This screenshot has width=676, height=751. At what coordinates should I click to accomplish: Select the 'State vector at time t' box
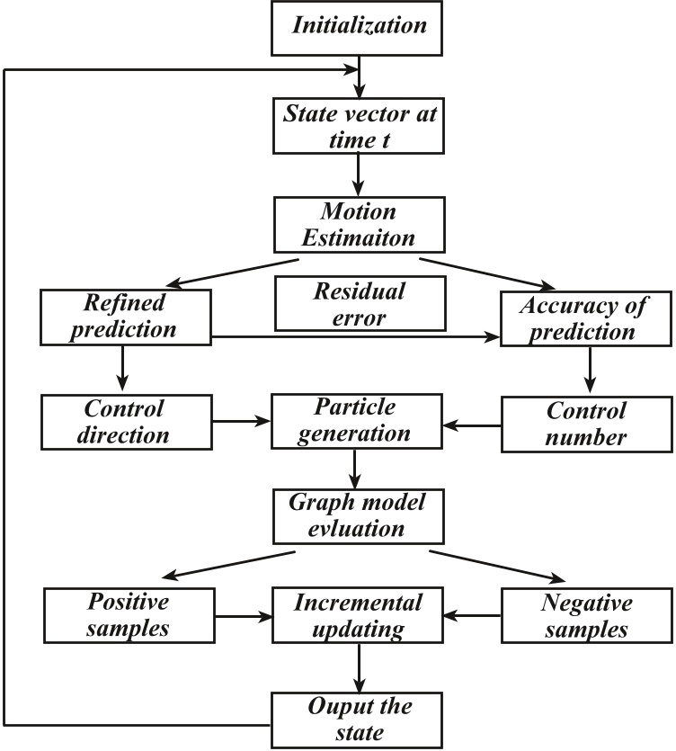pos(359,126)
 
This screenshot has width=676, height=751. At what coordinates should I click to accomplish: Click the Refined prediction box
pos(126,317)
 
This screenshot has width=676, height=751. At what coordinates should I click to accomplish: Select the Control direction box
pos(126,420)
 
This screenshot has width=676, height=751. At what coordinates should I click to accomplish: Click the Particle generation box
pos(359,420)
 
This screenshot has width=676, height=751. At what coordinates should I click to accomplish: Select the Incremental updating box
pos(359,616)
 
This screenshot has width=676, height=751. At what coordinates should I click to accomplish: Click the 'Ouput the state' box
pos(359,717)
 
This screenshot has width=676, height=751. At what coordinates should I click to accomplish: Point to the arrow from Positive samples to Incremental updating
pos(241,617)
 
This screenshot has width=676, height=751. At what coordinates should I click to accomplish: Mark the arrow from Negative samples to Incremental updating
pos(474,617)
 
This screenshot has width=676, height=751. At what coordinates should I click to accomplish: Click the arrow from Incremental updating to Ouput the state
pos(359,666)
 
